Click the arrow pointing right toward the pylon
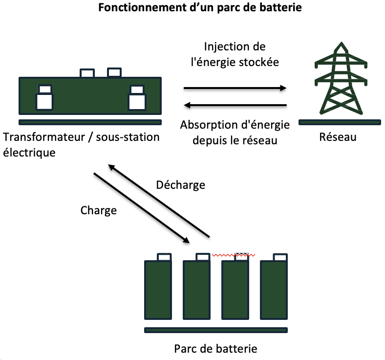(235, 89)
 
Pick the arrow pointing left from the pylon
(235, 104)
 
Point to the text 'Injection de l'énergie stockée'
(235, 55)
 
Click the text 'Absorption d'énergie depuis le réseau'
(235, 133)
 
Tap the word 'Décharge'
(180, 185)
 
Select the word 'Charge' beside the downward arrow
(99, 210)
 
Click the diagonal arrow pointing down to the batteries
(142, 207)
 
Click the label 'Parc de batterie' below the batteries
(215, 349)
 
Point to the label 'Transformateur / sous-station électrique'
(81, 145)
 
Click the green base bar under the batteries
(216, 330)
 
